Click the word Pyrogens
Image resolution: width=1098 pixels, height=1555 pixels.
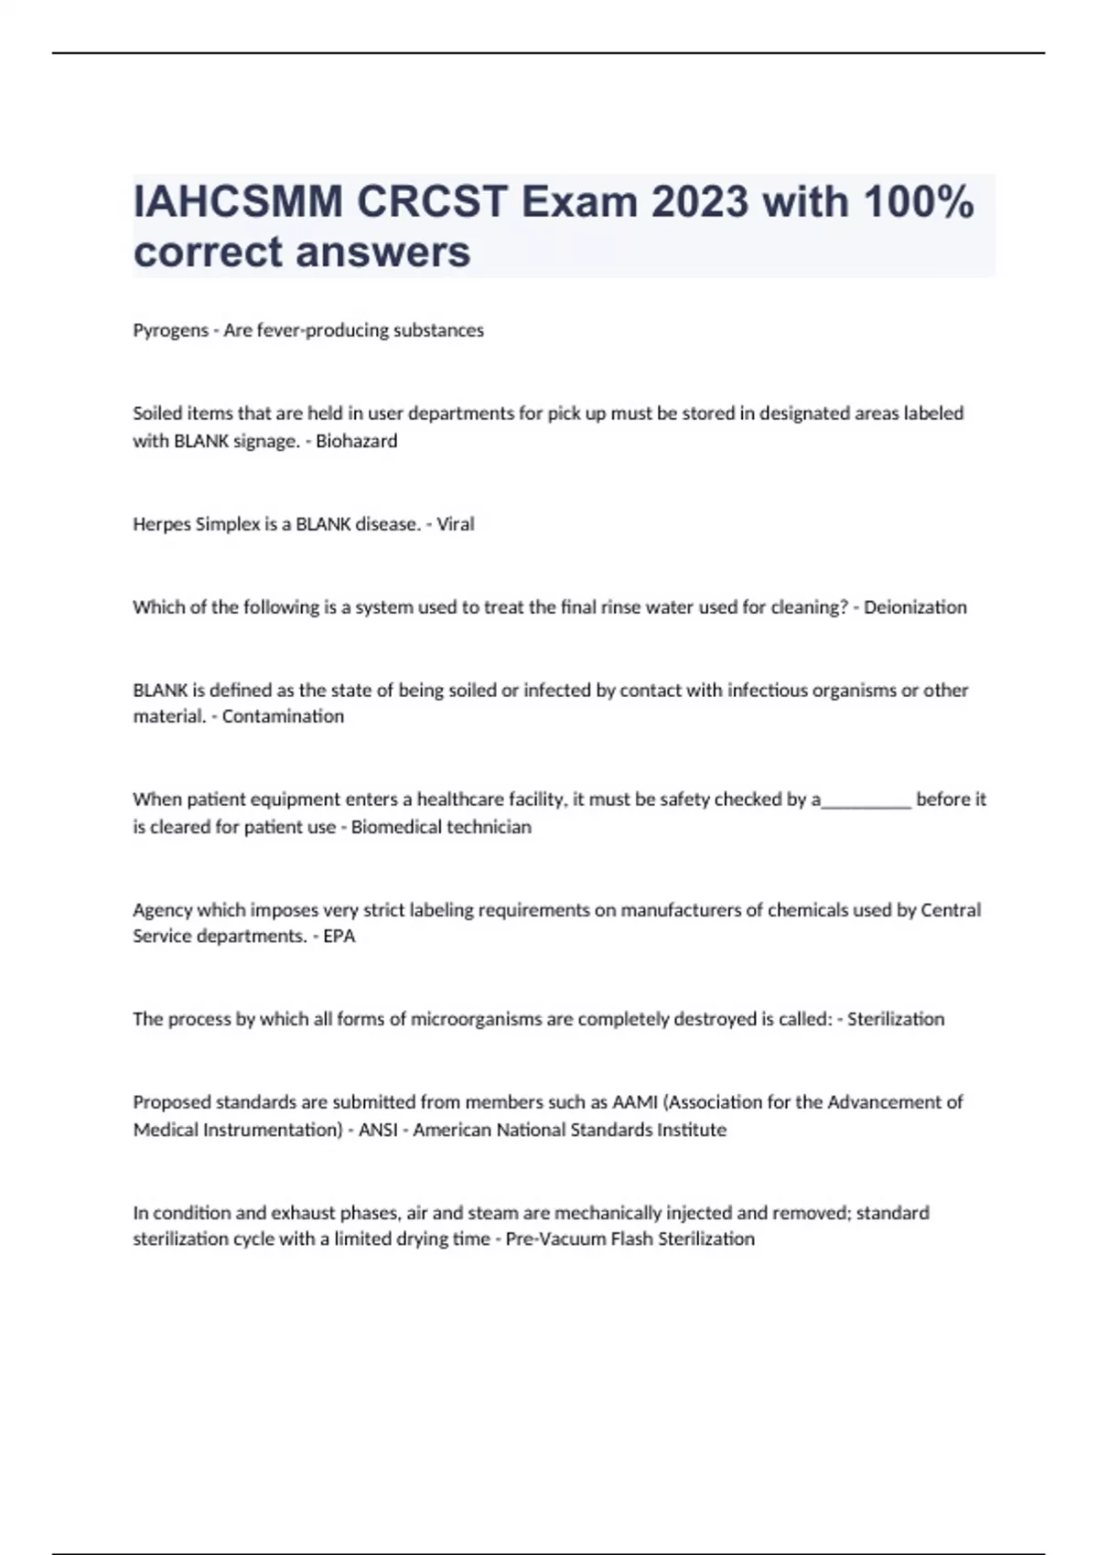[170, 330]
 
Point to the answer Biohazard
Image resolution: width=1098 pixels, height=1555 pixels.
[356, 441]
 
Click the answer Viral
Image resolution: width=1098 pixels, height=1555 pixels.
[455, 524]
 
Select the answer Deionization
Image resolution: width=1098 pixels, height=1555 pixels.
[915, 607]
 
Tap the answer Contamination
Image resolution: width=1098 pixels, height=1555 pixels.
[283, 716]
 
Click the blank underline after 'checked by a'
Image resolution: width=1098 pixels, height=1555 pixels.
[867, 801]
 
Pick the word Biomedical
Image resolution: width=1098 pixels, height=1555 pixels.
[393, 827]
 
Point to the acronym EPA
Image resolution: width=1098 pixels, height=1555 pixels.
[339, 937]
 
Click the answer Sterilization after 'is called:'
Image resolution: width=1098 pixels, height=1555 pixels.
[896, 1019]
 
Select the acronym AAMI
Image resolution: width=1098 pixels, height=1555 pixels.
[635, 1102]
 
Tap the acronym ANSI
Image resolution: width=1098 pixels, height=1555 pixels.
[378, 1130]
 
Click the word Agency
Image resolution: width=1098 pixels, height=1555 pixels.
[163, 910]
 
